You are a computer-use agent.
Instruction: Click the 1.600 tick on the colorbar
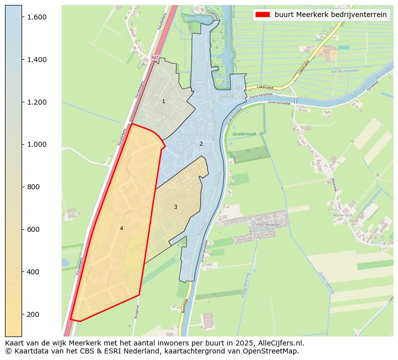pyautogui.click(x=36, y=17)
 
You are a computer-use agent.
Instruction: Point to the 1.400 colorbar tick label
pyautogui.click(x=36, y=60)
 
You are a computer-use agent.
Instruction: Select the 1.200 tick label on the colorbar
pyautogui.click(x=36, y=102)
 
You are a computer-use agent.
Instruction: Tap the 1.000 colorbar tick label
pyautogui.click(x=36, y=144)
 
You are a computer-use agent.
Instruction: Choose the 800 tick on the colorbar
pyautogui.click(x=33, y=187)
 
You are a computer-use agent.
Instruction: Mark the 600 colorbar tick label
pyautogui.click(x=33, y=229)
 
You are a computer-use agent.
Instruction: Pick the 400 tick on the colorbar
pyautogui.click(x=33, y=272)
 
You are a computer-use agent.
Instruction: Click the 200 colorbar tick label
pyautogui.click(x=33, y=314)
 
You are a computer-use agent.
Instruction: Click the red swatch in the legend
pyautogui.click(x=262, y=15)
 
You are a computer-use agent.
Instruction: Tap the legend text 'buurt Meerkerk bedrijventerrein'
pyautogui.click(x=330, y=15)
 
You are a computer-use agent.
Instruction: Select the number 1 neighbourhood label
pyautogui.click(x=163, y=102)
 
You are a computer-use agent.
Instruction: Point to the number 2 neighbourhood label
pyautogui.click(x=201, y=144)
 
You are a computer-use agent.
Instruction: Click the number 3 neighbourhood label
pyautogui.click(x=175, y=207)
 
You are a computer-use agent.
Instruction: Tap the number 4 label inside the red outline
pyautogui.click(x=121, y=228)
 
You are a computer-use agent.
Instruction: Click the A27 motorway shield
pyautogui.click(x=155, y=58)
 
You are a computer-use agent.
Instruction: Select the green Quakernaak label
pyautogui.click(x=244, y=134)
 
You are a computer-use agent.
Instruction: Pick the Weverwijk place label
pyautogui.click(x=343, y=215)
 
